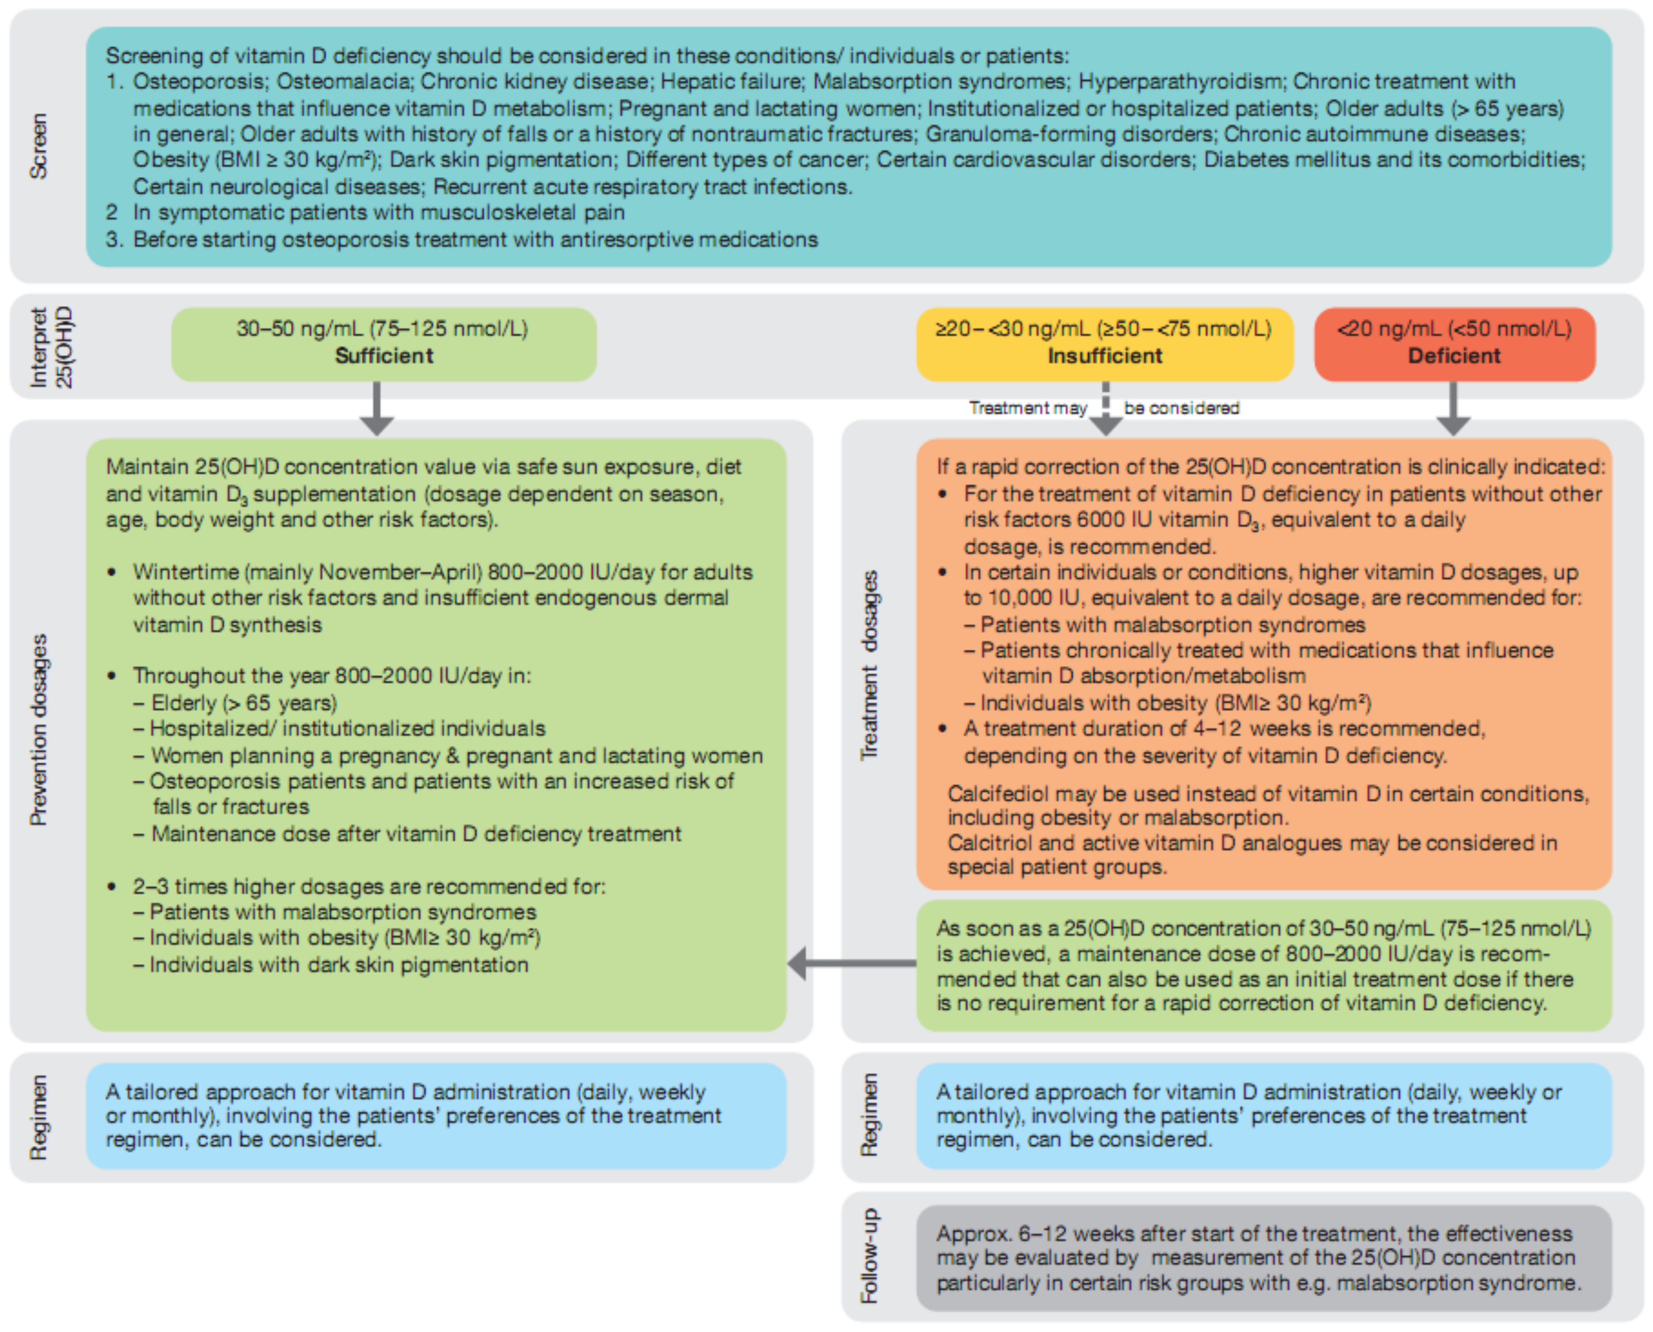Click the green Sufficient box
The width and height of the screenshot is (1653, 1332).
384,344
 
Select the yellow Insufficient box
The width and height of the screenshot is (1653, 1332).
1105,344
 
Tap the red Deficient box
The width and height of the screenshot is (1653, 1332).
1454,344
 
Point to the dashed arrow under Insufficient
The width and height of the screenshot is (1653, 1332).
1105,411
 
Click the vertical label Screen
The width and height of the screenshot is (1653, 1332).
38,146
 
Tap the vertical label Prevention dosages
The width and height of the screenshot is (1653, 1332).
38,729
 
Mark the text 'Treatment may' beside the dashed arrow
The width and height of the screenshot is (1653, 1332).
1028,408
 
